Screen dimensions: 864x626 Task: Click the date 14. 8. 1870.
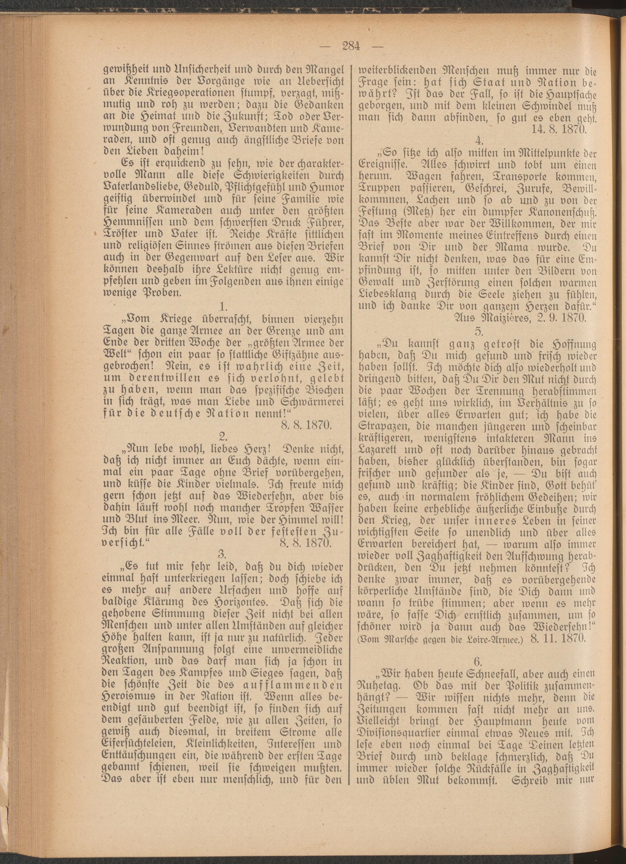pos(558,129)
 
